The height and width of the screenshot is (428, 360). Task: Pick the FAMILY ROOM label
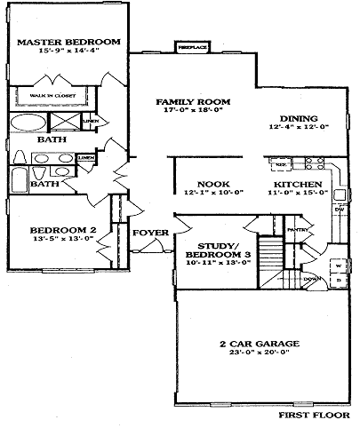188,102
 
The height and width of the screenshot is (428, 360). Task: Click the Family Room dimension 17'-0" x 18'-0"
188,112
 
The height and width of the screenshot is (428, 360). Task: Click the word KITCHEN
290,184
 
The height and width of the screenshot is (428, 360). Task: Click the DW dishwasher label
339,210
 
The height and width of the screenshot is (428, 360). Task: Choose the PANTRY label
297,228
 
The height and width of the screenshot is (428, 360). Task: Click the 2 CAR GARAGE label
259,343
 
